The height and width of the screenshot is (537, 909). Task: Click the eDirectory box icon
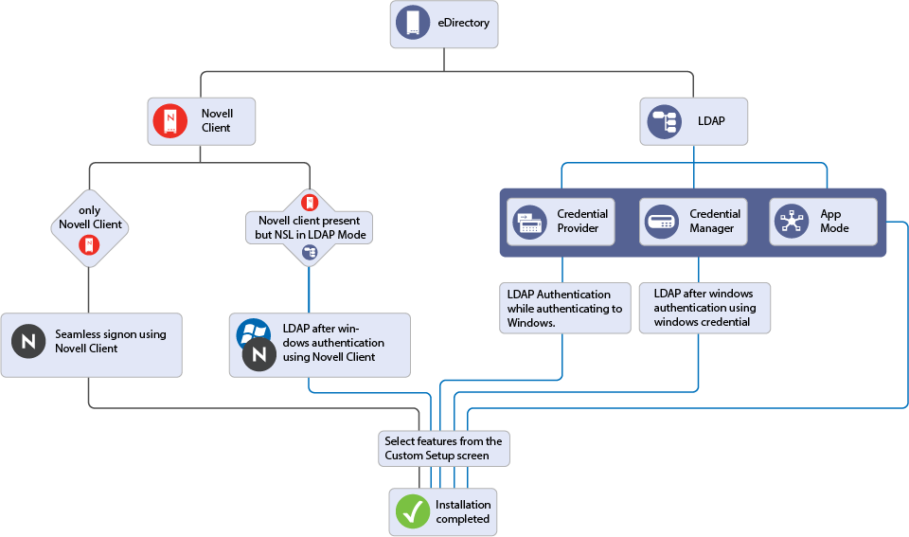click(x=413, y=23)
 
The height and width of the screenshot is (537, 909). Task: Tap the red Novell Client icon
click(x=169, y=120)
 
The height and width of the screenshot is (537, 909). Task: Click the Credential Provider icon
click(x=529, y=222)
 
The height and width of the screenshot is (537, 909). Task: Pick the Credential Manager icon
click(x=662, y=222)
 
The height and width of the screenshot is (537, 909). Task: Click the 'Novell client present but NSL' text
click(x=309, y=227)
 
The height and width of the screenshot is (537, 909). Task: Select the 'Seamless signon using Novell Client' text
click(x=110, y=341)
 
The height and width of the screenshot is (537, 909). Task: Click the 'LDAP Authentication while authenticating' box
click(x=565, y=308)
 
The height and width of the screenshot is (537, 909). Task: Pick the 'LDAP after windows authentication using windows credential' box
click(x=704, y=308)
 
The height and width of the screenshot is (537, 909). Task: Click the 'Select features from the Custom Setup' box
click(x=443, y=448)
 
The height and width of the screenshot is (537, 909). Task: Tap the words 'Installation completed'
click(x=463, y=511)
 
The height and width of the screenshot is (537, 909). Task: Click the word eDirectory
click(x=464, y=23)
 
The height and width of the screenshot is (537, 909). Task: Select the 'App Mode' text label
click(x=834, y=222)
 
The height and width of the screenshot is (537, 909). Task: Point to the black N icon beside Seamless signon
click(x=28, y=341)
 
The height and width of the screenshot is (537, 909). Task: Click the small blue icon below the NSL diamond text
click(x=310, y=252)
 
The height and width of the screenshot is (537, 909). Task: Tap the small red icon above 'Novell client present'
click(x=310, y=201)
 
